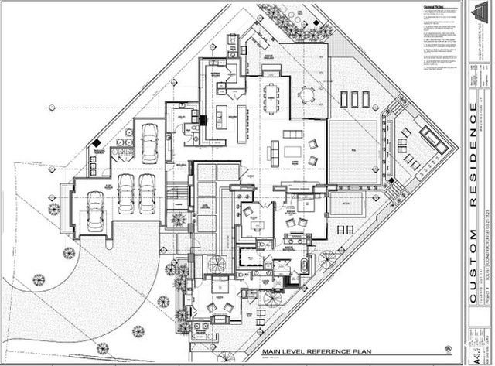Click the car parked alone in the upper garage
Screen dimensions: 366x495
click(148, 139)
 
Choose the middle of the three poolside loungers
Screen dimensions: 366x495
click(353, 98)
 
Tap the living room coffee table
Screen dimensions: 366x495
click(292, 151)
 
